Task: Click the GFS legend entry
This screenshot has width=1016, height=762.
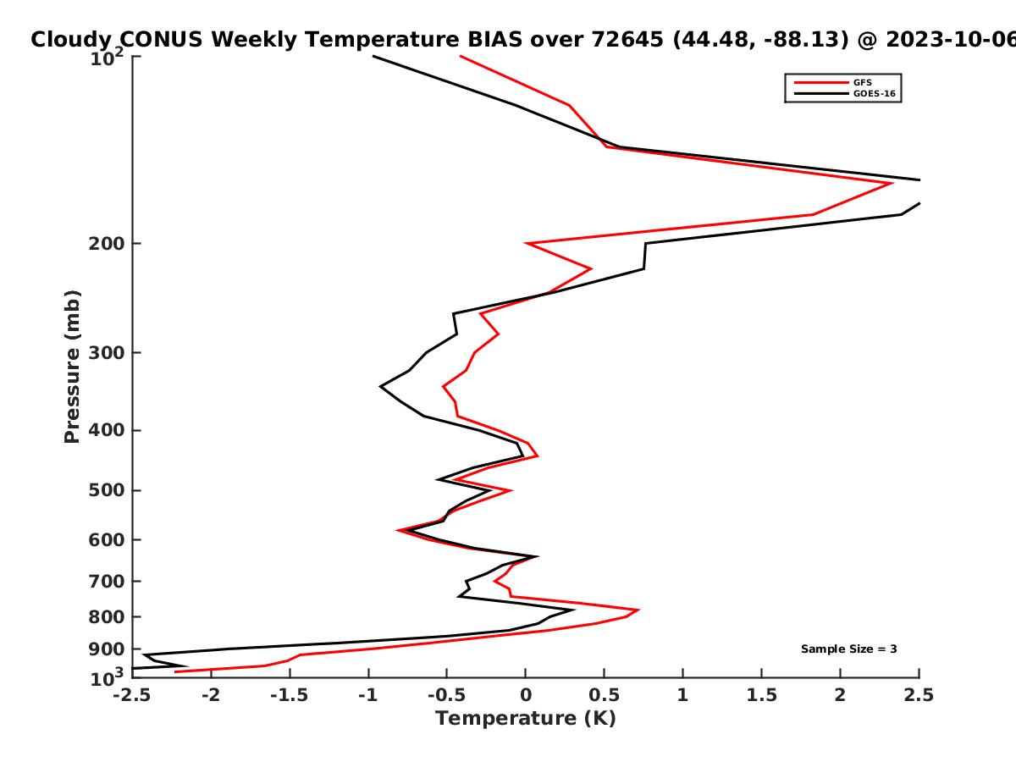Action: (832, 82)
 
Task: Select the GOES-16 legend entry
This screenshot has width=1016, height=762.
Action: (844, 93)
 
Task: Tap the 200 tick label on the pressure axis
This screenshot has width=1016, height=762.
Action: (107, 243)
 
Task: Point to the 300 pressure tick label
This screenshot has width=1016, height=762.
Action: (107, 353)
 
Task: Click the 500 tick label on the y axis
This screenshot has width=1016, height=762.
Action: (107, 490)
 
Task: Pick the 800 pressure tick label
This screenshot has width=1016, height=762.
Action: (107, 617)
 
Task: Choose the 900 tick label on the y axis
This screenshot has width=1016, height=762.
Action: (107, 649)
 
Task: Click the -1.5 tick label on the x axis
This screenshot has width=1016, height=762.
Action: (290, 695)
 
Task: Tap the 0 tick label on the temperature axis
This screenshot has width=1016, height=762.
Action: (526, 695)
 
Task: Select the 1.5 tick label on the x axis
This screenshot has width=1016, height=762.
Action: (762, 695)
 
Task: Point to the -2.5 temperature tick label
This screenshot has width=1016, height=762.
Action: (132, 695)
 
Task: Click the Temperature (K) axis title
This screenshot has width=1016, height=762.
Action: (526, 719)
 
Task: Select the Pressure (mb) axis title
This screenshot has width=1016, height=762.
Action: (72, 367)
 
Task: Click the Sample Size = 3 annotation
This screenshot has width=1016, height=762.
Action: (849, 649)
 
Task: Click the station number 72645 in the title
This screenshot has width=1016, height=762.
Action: (627, 40)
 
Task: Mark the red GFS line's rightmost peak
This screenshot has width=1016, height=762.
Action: (892, 183)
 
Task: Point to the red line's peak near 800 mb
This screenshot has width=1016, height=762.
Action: (638, 610)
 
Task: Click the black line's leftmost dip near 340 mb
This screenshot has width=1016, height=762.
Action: (380, 386)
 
